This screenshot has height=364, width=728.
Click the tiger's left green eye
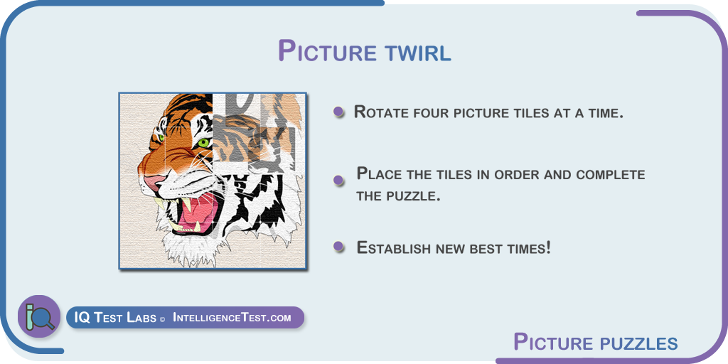[x=161, y=138]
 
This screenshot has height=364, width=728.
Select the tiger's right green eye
[x=203, y=142]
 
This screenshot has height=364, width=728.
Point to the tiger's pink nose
[x=154, y=181]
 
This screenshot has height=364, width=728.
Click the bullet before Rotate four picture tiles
[x=338, y=112]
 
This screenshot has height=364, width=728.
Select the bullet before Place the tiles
[x=339, y=180]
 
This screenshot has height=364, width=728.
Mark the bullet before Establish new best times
[x=339, y=247]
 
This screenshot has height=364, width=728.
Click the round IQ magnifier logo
[x=39, y=316]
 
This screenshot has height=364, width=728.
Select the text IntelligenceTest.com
[x=232, y=318]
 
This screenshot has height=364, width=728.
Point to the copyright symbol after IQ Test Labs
[x=162, y=319]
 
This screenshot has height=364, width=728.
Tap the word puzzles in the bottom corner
[x=633, y=344]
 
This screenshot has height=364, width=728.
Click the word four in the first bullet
[x=432, y=112]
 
